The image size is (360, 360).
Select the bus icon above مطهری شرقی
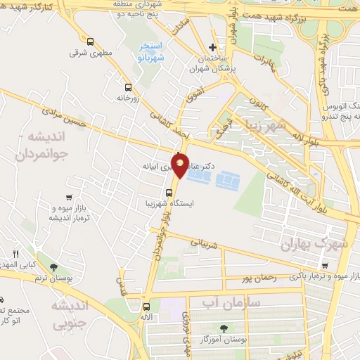[x=89, y=41]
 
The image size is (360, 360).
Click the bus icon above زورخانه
[x=127, y=88]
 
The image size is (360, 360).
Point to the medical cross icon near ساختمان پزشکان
[x=213, y=47]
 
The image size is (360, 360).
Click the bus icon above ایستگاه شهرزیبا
[x=169, y=193]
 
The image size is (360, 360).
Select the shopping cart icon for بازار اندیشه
[x=68, y=198]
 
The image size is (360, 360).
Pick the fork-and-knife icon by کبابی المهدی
[x=15, y=254]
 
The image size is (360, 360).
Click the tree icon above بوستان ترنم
[x=53, y=267]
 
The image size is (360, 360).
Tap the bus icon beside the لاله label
[x=146, y=307]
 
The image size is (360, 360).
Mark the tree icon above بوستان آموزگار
[x=224, y=328]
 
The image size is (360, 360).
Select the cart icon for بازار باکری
[x=323, y=265]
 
